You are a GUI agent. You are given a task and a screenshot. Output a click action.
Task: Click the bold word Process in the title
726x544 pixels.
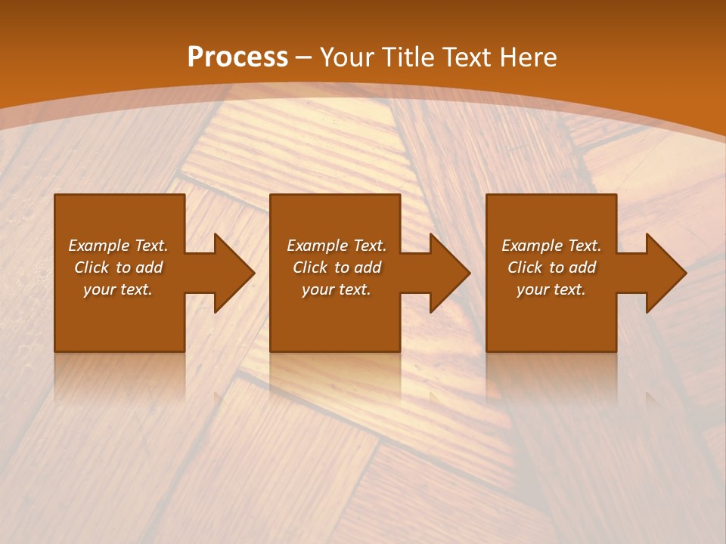pos(237,57)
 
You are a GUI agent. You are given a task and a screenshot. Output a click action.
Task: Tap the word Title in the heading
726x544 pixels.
pos(407,57)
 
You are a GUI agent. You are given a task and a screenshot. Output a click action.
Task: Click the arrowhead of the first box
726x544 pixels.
pos(234,273)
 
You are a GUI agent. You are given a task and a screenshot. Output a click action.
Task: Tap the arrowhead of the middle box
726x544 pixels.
pos(450,273)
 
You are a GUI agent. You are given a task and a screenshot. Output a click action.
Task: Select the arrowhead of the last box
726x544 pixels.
pos(665,273)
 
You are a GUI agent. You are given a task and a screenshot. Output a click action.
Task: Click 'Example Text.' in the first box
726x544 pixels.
pos(118,246)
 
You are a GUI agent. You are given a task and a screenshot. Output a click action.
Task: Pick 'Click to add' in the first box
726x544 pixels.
pos(118,267)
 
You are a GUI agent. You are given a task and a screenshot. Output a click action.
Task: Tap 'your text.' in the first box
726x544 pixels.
pos(118,289)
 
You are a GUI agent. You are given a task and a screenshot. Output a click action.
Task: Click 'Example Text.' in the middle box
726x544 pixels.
pos(337,246)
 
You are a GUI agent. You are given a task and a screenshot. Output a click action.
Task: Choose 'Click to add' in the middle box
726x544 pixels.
pos(337,267)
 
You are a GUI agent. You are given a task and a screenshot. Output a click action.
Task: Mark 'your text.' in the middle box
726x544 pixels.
pos(337,289)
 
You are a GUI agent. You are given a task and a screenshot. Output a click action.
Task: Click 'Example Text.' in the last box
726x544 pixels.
pos(551,246)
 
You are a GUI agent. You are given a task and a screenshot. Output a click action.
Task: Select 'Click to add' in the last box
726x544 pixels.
pos(551,267)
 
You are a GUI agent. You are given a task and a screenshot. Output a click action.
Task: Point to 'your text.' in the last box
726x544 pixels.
pos(551,289)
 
